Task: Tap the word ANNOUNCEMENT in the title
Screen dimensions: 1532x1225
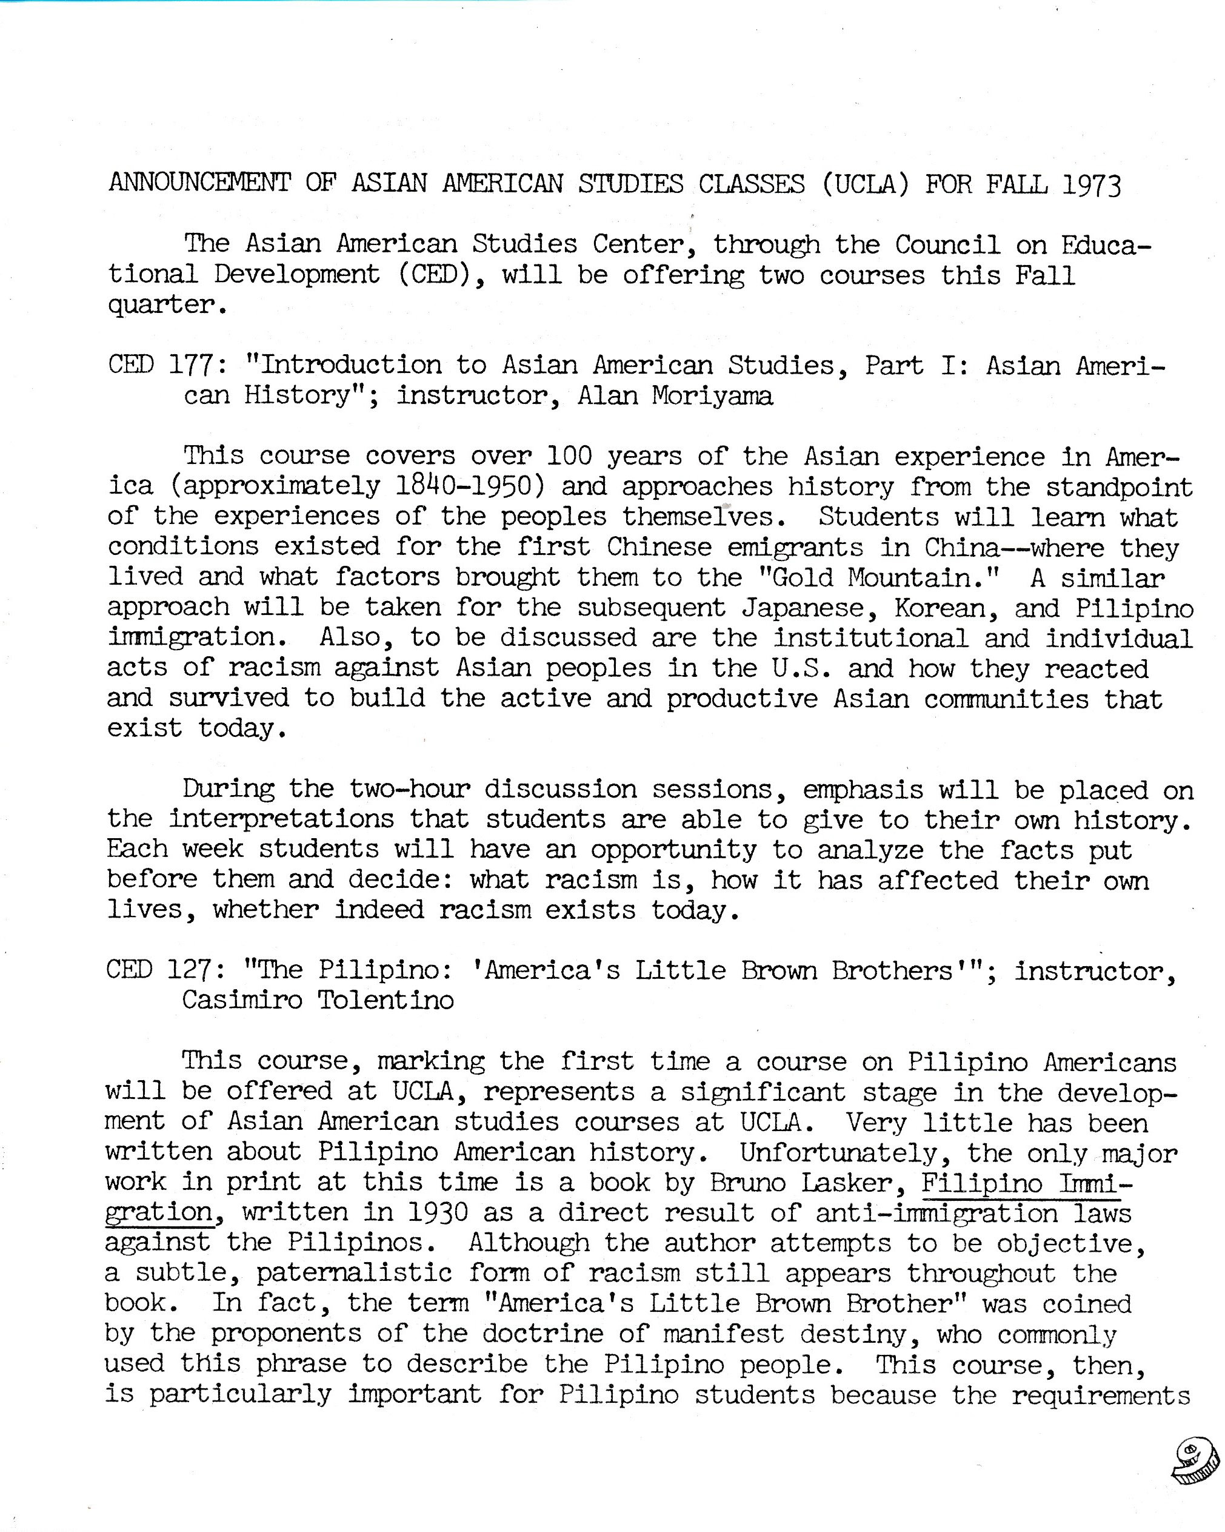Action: click(x=199, y=183)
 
